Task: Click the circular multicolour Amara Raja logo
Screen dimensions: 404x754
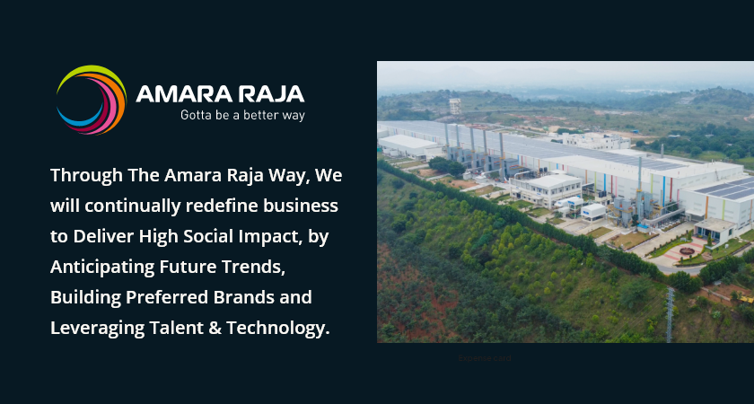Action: coord(91,100)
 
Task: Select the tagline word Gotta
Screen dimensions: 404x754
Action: coord(197,116)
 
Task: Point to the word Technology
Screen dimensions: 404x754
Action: coord(277,328)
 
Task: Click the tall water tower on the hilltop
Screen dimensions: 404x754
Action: coord(455,105)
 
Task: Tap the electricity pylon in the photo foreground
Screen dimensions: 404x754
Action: coord(670,313)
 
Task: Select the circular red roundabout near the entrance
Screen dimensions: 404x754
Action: coord(692,249)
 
